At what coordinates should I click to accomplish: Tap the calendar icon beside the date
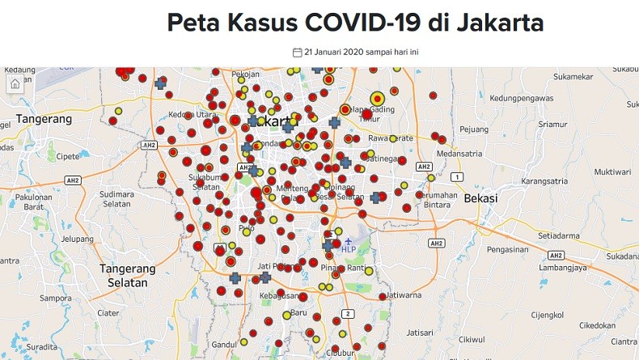point(297,52)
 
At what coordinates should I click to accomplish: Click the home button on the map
point(15,84)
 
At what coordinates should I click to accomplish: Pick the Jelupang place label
point(78,239)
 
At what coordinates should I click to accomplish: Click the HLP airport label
point(349,249)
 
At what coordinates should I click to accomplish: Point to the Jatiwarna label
point(404,295)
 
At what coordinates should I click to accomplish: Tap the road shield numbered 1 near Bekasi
point(457,176)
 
